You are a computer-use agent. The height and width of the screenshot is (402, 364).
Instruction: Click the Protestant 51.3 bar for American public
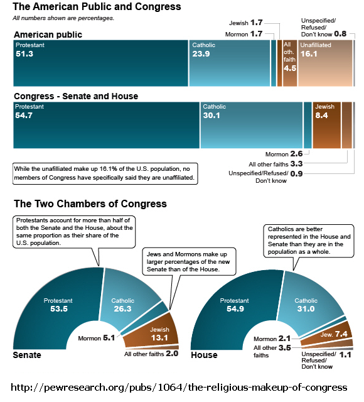pos(100,63)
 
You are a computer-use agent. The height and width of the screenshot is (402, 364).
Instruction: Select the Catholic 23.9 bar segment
pos(230,63)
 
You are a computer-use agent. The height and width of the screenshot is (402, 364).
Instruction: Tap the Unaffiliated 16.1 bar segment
pos(325,63)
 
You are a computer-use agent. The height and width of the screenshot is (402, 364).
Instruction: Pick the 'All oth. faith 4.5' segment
pos(290,63)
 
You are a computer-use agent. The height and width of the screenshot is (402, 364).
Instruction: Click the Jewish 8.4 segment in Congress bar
pos(327,125)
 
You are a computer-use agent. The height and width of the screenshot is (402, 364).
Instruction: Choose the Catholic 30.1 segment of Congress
pos(251,125)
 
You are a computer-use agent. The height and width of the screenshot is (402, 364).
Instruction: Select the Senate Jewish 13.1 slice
pos(154,331)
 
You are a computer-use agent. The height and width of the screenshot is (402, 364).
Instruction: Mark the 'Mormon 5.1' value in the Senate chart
pos(96,338)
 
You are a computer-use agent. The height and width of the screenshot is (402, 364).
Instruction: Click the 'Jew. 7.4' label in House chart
pos(334,334)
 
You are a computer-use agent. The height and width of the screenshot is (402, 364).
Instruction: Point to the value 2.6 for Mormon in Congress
pos(296,154)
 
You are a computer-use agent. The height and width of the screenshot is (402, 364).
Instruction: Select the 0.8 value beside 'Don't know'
pos(340,34)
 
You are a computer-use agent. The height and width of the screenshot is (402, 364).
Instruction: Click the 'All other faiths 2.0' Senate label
pos(151,354)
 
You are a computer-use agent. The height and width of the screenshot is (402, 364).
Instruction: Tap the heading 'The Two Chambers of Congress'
pos(90,204)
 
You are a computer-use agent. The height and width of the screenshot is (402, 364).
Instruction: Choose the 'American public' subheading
pos(48,35)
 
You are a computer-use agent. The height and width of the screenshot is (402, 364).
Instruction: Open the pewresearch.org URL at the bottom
pos(179,387)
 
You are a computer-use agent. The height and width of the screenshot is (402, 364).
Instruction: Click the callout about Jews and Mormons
pos(189,261)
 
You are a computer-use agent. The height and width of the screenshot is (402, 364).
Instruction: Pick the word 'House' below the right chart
pos(204,355)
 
